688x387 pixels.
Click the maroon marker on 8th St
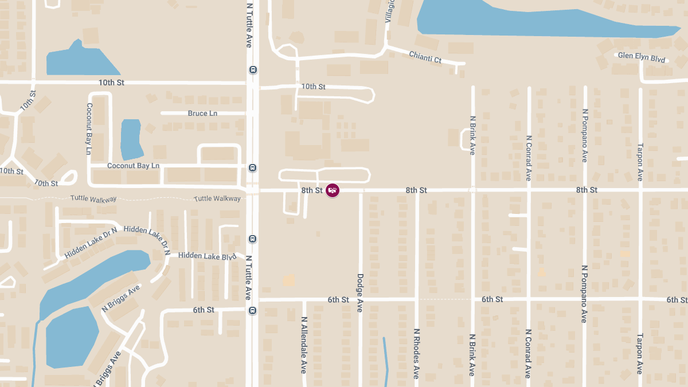pos(333,190)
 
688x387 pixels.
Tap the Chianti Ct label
pos(425,57)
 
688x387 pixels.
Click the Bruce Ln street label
pos(202,114)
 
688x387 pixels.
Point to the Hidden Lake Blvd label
pos(207,256)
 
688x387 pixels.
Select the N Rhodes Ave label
pos(417,353)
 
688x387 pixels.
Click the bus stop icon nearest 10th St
pos(253,70)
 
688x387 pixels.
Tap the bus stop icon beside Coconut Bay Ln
pos(252,168)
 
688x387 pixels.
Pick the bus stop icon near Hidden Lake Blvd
pos(252,239)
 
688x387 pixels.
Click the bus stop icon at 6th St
pos(253,311)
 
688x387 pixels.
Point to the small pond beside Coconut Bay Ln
pos(132,139)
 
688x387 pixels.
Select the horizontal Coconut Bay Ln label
pos(133,166)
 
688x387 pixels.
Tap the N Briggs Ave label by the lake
pos(121,299)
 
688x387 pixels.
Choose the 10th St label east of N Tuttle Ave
pos(313,87)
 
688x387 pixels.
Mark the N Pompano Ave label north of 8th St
pos(585,135)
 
